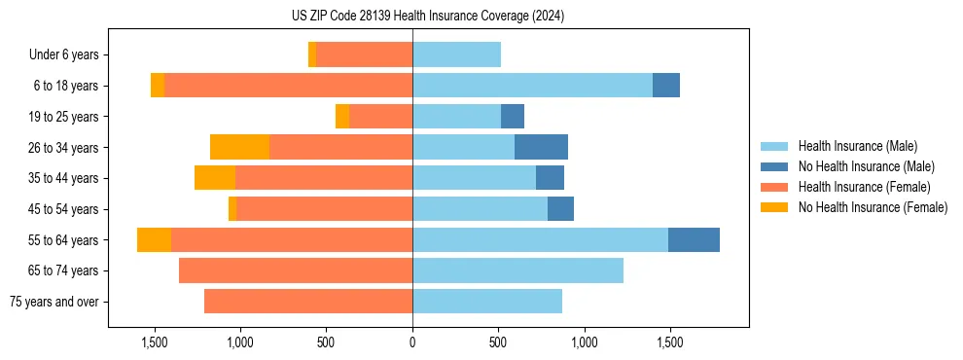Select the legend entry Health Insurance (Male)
[x=857, y=146]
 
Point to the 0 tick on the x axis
[x=412, y=342]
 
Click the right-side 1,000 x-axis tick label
[x=584, y=342]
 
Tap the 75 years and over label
[x=53, y=302]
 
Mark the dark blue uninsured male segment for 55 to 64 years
[x=694, y=239]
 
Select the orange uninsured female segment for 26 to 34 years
[x=239, y=147]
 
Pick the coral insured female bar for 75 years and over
[x=308, y=302]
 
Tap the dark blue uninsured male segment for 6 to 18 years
[x=666, y=86]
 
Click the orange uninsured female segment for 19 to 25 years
[x=342, y=117]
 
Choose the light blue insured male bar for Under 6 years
[x=456, y=54]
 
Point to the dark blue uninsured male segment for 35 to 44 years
[x=550, y=178]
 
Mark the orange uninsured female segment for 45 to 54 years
[x=232, y=209]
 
